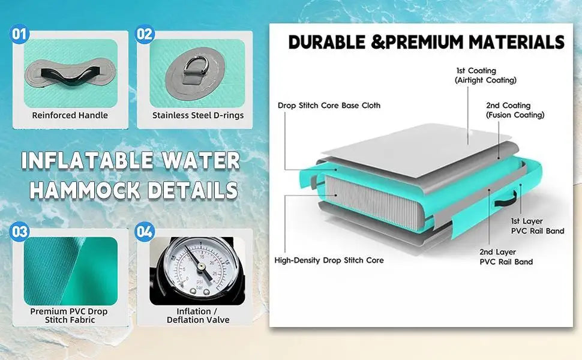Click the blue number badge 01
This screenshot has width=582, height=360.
point(19,34)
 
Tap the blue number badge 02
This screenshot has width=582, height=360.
point(145,34)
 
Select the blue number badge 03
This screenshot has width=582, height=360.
point(19,232)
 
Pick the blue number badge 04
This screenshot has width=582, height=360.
point(145,232)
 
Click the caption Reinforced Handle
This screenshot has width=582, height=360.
point(70,115)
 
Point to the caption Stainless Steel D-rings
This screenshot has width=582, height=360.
point(198,115)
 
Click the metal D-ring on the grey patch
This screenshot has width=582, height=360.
point(194,67)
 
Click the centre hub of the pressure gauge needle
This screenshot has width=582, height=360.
point(202,266)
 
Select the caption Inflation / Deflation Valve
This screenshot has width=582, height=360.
point(198,316)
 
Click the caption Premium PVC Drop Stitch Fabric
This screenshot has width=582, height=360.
point(69,316)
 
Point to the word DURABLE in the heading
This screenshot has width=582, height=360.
point(326,41)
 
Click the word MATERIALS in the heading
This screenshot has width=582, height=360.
point(517,41)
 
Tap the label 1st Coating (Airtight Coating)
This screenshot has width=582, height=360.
point(485,76)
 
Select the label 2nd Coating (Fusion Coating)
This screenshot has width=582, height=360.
point(515,110)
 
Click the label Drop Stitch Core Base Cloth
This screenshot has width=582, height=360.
point(329,106)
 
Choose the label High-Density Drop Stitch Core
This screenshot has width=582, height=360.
point(329,260)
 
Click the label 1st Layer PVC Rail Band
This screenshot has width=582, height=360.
point(538,226)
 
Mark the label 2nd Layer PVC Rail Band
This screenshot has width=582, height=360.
point(506,257)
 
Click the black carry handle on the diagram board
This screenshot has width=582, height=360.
point(506,200)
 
